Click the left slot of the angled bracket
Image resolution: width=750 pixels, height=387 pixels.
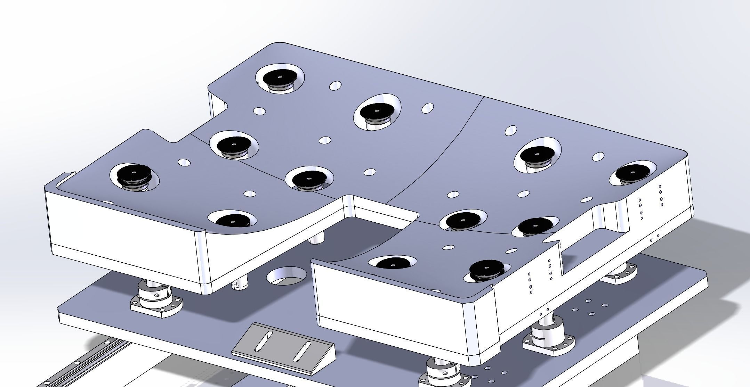(264, 341)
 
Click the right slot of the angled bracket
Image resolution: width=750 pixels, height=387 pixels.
(302, 352)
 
